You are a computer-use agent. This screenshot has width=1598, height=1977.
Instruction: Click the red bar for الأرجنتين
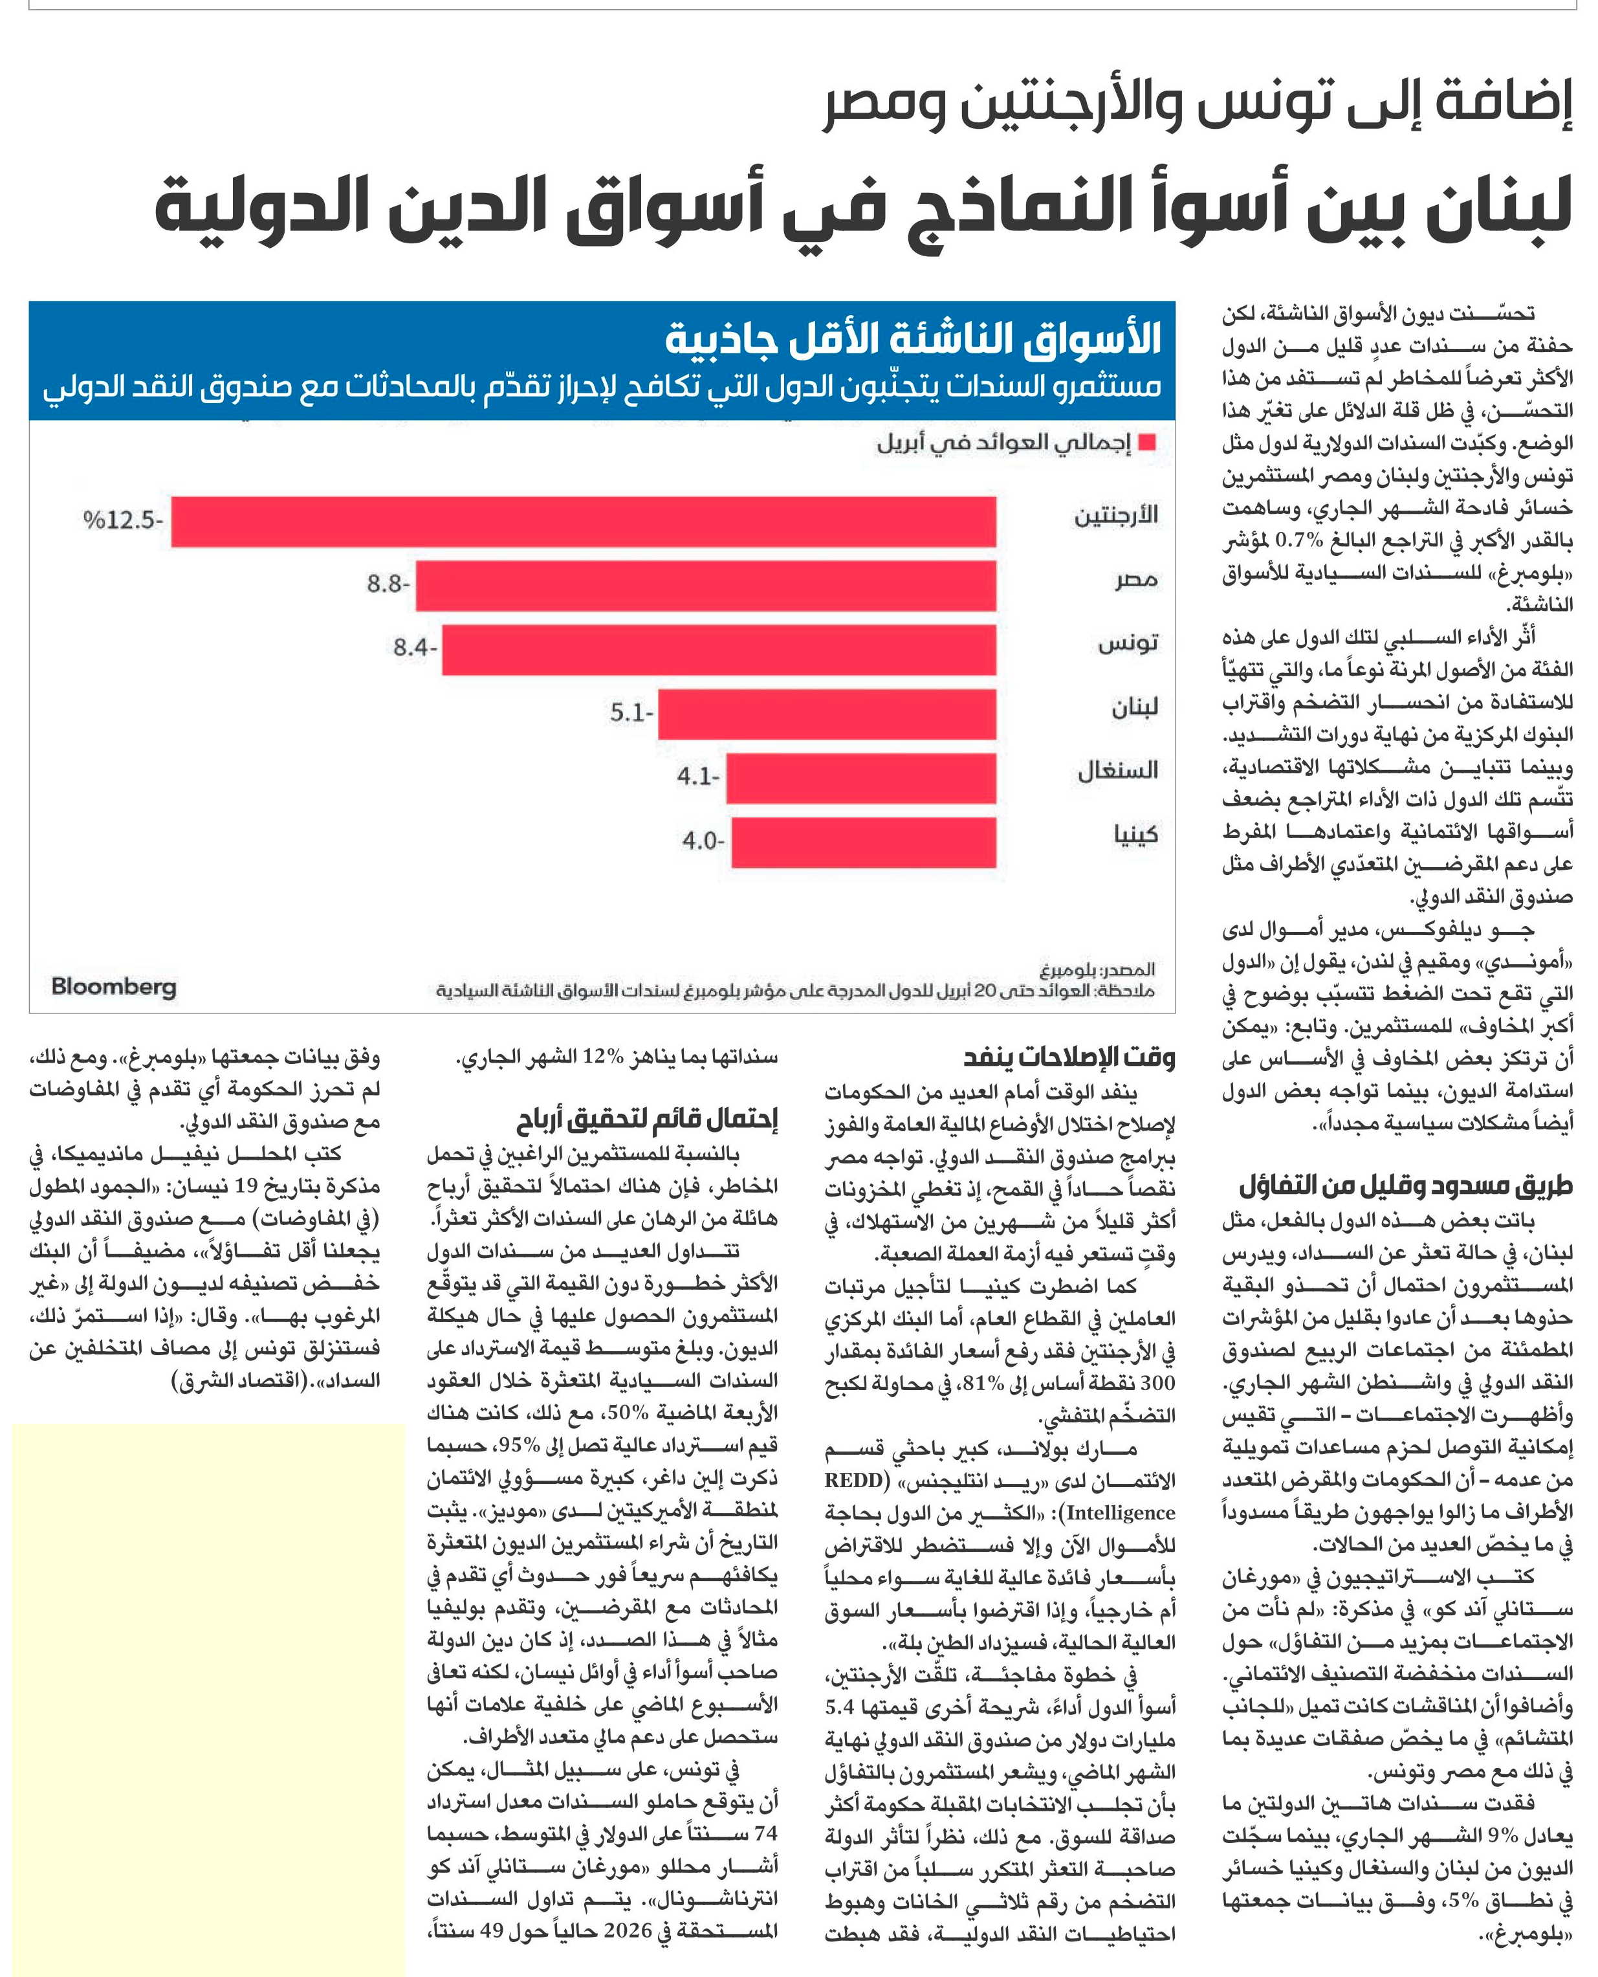click(584, 522)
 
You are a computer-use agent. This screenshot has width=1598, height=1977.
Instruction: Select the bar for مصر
click(706, 586)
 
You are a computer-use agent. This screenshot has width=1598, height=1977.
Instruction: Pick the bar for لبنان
click(827, 714)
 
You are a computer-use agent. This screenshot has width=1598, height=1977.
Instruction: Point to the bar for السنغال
click(860, 778)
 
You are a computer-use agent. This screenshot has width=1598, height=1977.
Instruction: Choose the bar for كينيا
click(864, 842)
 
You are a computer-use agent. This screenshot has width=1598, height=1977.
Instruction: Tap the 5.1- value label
click(631, 712)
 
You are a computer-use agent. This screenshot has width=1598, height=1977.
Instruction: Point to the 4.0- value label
click(703, 841)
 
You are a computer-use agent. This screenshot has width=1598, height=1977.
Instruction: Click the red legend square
click(1147, 443)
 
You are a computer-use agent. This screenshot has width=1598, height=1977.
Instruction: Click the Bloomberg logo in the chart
click(113, 987)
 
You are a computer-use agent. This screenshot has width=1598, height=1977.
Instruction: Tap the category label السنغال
click(1117, 771)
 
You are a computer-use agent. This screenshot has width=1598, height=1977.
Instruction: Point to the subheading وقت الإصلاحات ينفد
click(1069, 1058)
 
